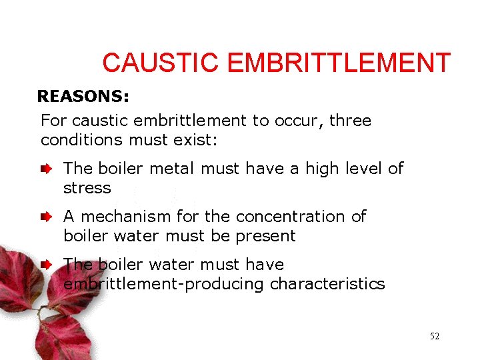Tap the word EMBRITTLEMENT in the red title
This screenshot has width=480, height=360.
[339, 63]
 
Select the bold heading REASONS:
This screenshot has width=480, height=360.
[83, 97]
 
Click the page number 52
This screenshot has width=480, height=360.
[435, 336]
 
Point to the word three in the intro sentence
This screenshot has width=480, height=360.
[350, 121]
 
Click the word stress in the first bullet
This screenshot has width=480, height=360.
[87, 188]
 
